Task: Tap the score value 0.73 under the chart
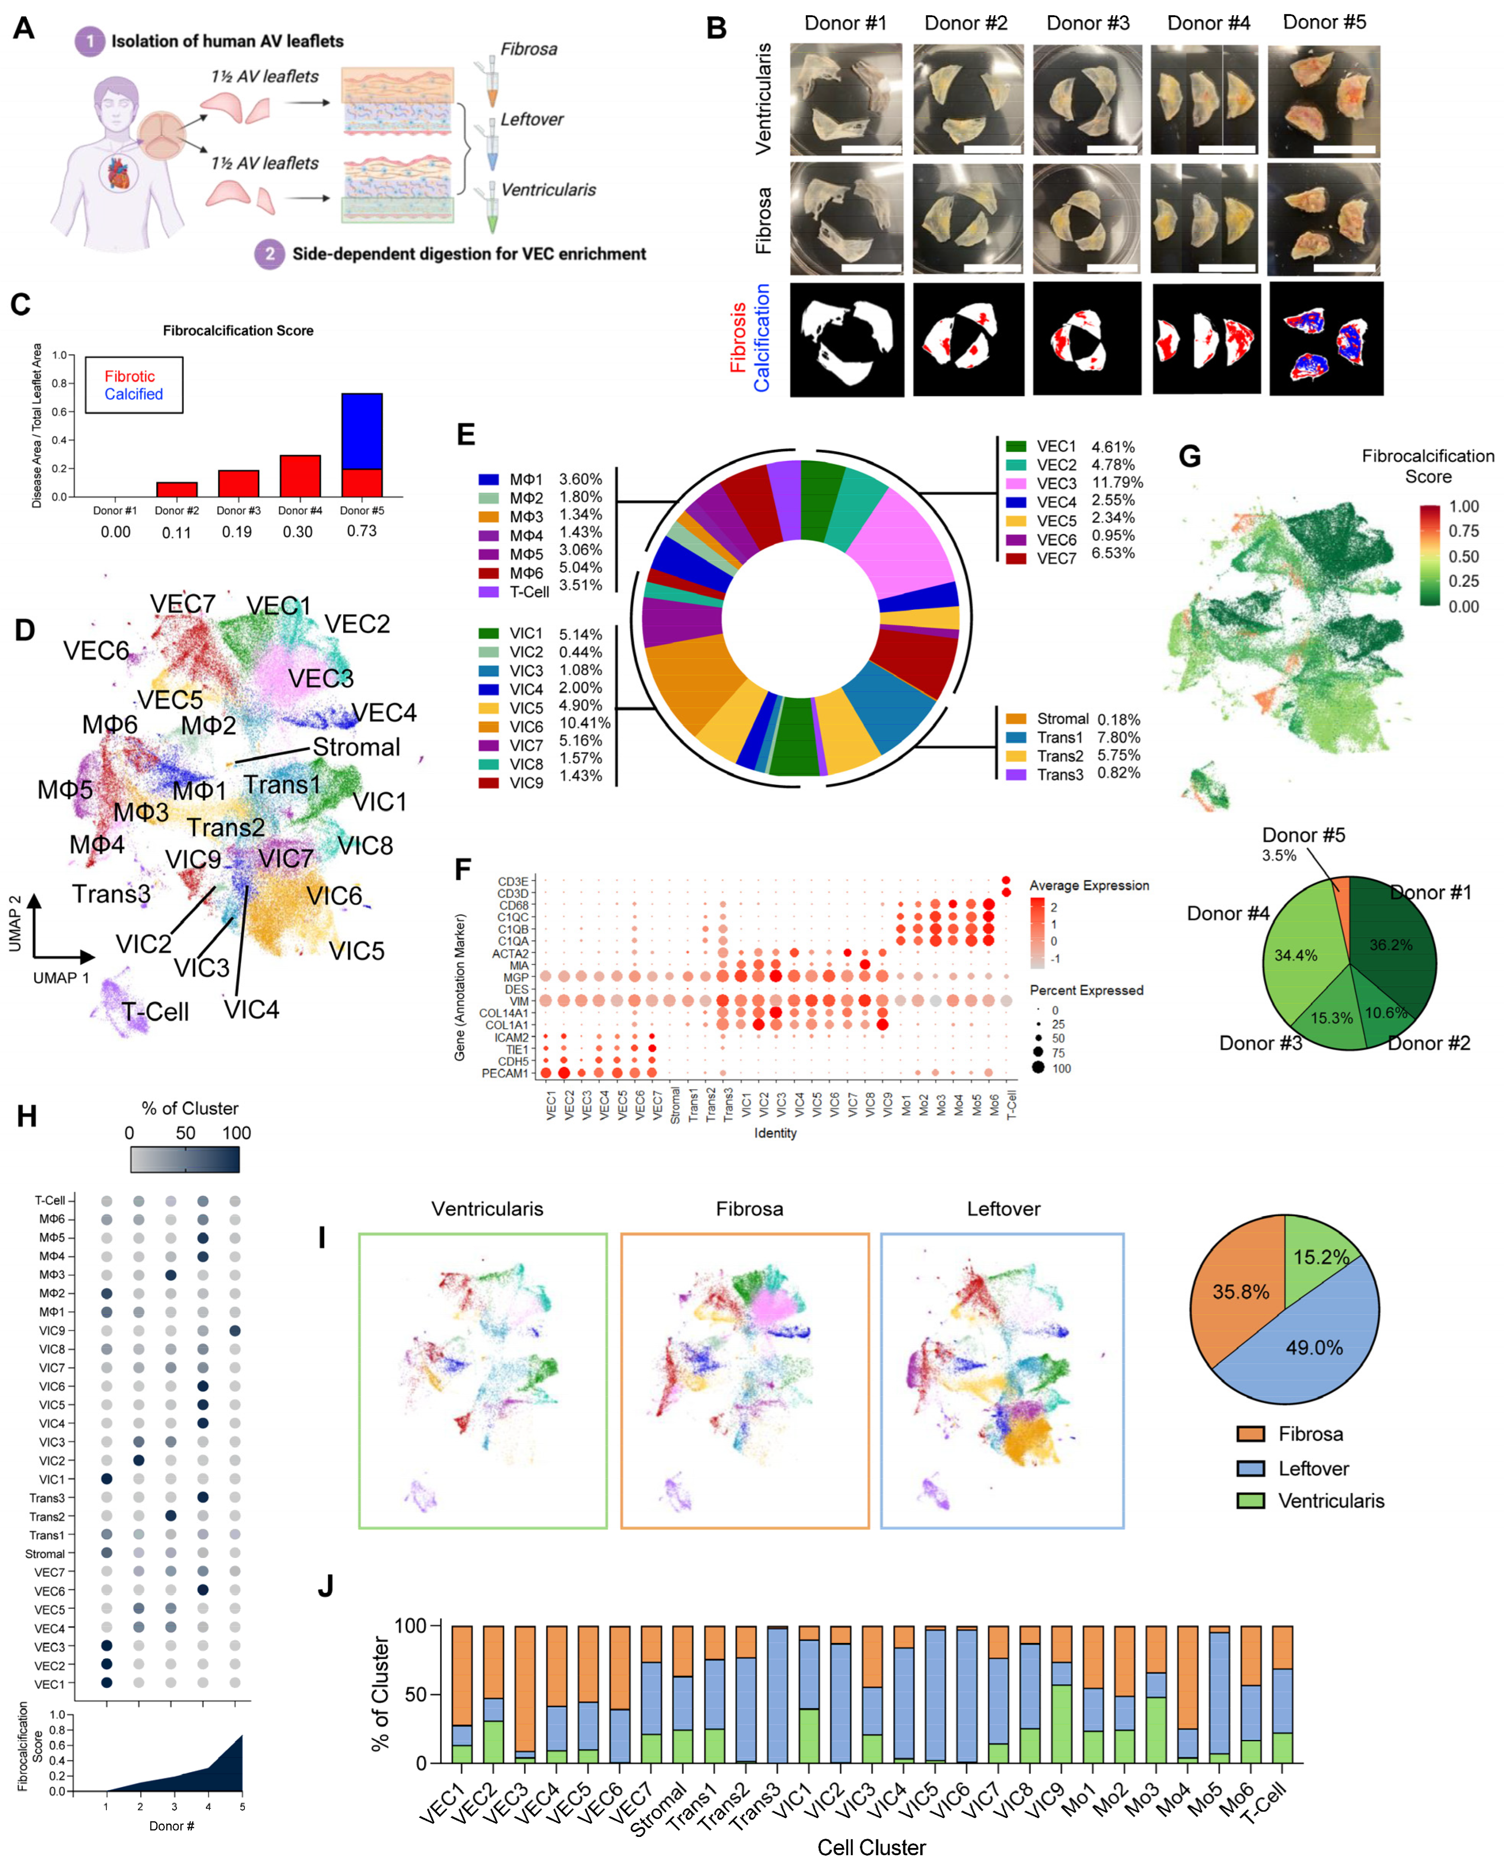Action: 362,531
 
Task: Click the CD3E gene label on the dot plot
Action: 513,882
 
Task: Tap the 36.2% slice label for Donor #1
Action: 1390,945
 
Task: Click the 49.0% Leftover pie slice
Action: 1313,1347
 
